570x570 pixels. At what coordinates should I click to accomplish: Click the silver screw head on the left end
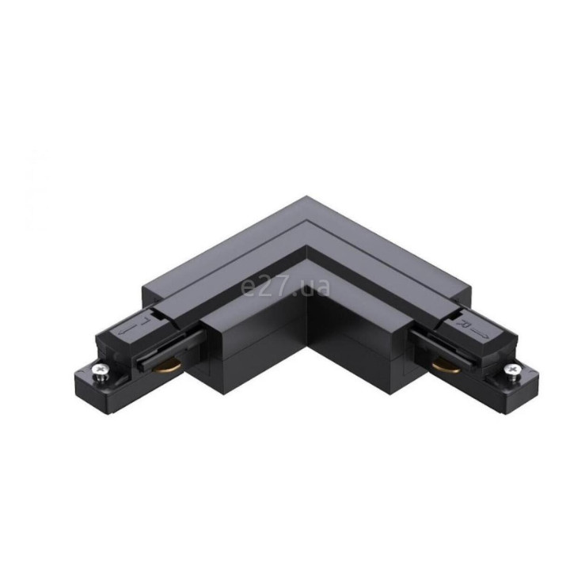[99, 370]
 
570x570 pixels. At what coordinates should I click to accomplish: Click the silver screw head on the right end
[512, 370]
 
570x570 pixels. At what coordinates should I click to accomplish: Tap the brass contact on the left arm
[167, 367]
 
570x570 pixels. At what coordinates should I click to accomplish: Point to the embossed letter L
[146, 321]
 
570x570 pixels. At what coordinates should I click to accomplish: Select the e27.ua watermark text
[286, 287]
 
